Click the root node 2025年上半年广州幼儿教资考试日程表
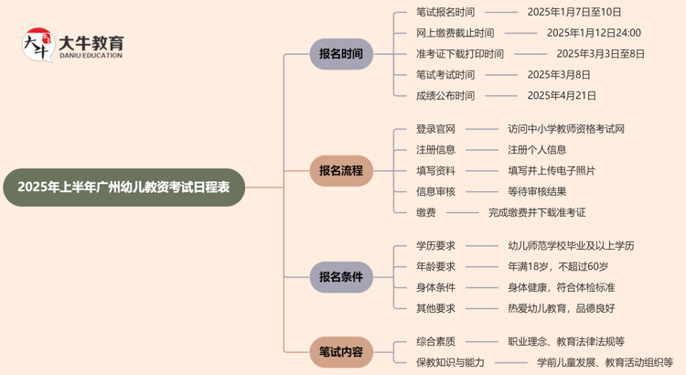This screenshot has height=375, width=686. (124, 187)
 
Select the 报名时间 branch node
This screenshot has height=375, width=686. (341, 54)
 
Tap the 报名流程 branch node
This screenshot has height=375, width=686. (341, 170)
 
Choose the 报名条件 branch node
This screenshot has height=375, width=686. (341, 276)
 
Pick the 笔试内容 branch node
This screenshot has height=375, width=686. (341, 351)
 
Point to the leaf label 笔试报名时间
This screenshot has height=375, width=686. (445, 12)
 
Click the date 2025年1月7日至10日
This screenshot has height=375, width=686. (574, 12)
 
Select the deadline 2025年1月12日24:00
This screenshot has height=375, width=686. (594, 33)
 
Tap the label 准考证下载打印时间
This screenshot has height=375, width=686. (459, 54)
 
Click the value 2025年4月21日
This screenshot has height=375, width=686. (562, 95)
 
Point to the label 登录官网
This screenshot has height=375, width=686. (435, 129)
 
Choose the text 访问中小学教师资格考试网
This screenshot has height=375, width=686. (566, 129)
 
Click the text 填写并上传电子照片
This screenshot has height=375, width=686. (552, 170)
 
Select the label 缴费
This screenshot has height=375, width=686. (425, 212)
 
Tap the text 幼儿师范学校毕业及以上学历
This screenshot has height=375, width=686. (571, 245)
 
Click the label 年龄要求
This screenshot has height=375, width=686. (435, 266)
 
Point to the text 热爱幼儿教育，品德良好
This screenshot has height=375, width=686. (562, 308)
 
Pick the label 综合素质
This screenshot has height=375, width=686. (435, 341)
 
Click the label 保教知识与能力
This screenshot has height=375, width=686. (450, 362)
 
